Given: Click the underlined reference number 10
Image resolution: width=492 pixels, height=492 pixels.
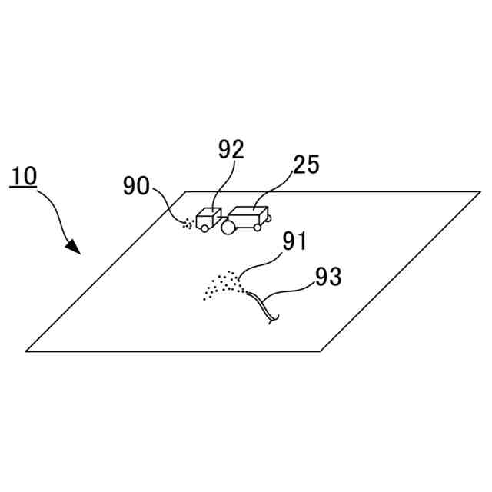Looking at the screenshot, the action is click(24, 176).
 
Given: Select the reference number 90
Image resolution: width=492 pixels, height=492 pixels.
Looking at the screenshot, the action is click(138, 185).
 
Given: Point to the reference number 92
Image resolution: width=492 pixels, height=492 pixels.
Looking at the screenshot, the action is click(230, 149).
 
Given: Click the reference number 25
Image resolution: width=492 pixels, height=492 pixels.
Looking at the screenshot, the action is click(307, 165).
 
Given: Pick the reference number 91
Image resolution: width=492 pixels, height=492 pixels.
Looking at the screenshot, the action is click(294, 241).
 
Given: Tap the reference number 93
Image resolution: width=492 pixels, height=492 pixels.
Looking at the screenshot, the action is click(328, 277).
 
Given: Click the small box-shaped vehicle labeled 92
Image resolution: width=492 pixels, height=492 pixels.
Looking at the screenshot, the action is click(208, 218).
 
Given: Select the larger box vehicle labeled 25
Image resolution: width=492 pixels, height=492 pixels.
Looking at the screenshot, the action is click(248, 217).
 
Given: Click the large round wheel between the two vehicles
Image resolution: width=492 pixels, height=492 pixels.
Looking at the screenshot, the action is click(229, 227).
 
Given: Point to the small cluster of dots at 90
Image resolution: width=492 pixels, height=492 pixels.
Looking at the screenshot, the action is click(187, 224).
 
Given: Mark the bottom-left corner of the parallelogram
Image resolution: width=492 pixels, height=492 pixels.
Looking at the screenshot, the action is click(27, 351).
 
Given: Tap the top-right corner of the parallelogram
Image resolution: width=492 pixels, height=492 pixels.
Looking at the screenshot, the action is click(480, 191).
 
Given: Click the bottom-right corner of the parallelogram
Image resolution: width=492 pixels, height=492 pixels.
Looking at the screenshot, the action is click(321, 351).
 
